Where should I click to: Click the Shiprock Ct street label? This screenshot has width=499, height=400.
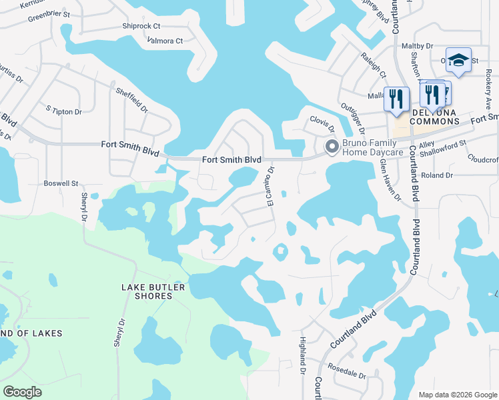click(141, 26)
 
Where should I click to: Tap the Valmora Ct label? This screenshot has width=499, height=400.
click(165, 41)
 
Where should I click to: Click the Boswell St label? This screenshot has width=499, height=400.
click(61, 183)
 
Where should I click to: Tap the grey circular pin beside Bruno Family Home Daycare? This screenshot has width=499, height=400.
click(331, 147)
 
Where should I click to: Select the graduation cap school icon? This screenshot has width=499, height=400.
click(458, 60)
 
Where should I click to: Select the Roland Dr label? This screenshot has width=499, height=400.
click(438, 175)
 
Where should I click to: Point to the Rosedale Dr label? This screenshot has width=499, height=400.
click(347, 371)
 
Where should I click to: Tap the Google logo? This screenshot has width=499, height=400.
click(23, 392)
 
